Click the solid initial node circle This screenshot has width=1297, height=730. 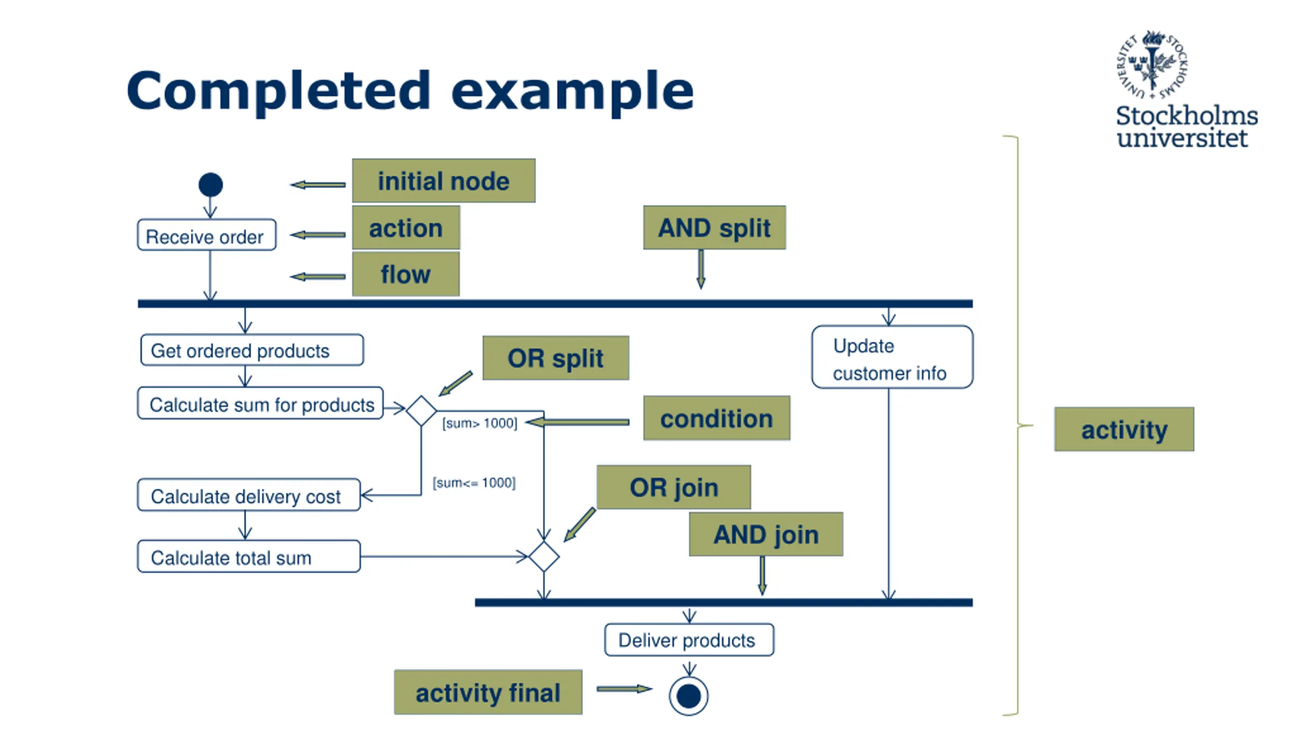tap(211, 185)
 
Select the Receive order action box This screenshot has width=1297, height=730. tap(207, 235)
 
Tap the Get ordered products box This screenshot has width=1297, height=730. tap(252, 350)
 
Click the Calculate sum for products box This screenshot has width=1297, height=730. tap(260, 404)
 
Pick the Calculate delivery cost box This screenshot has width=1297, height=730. tap(249, 496)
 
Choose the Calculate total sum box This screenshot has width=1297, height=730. tap(249, 557)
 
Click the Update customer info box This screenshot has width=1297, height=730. tap(892, 358)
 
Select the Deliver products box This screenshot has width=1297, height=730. tap(689, 640)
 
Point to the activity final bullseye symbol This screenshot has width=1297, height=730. tap(689, 696)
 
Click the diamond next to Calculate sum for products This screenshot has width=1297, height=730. tap(422, 411)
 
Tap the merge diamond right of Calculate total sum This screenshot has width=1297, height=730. tap(544, 557)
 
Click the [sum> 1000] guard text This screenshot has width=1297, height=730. tap(479, 423)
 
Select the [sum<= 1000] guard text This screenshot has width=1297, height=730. tap(474, 483)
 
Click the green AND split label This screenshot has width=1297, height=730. tap(714, 228)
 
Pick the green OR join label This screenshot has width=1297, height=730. tap(674, 487)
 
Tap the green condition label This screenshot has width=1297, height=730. tap(716, 418)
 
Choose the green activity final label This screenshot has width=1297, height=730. tap(488, 692)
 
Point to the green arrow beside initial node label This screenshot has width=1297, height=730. tap(318, 185)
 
